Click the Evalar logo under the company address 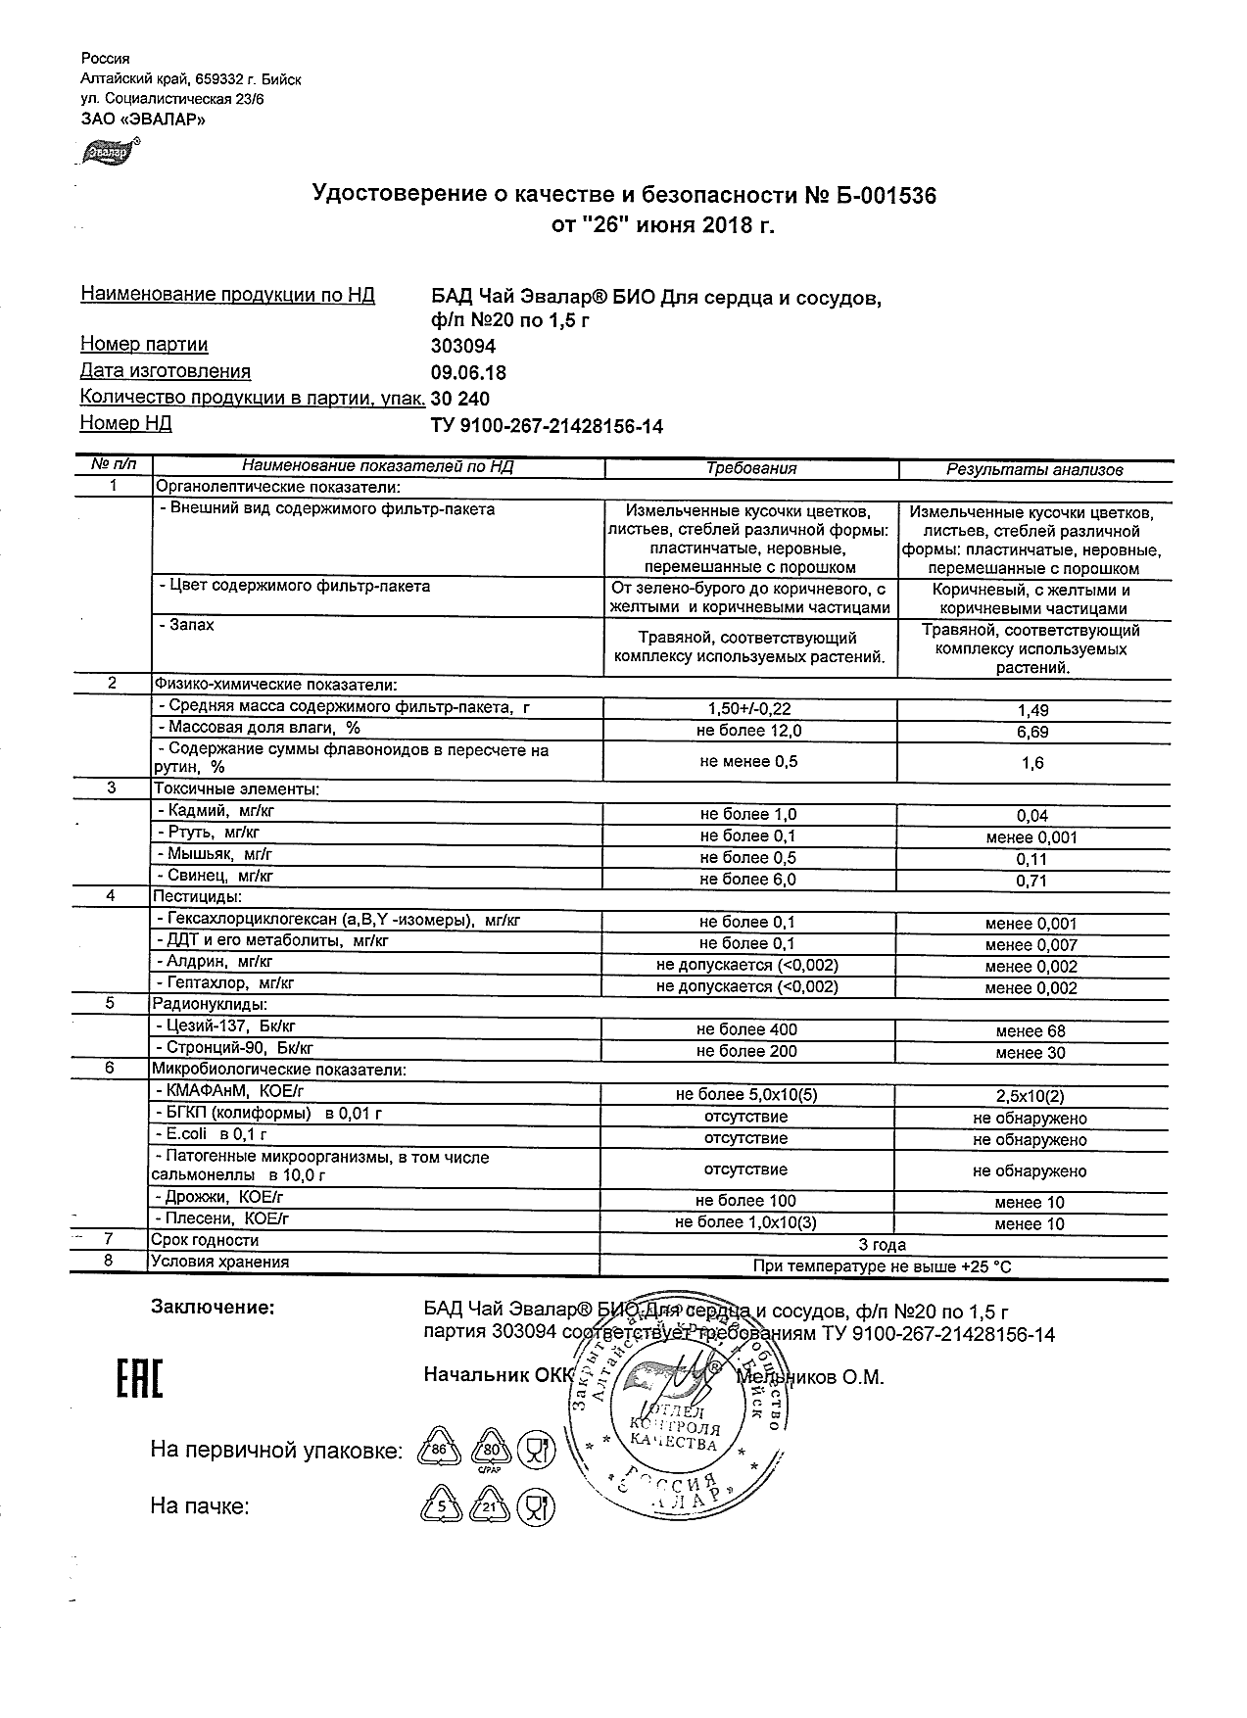click(x=109, y=152)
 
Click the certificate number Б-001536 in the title click(x=871, y=196)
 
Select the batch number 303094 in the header click(x=463, y=346)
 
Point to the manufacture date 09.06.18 click(x=468, y=373)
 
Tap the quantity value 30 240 click(x=460, y=399)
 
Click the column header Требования click(x=751, y=469)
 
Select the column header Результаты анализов click(x=1033, y=470)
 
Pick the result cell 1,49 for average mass click(x=1032, y=711)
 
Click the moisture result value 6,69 click(x=1032, y=733)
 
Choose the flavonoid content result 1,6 click(x=1032, y=763)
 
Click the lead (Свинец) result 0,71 click(x=1032, y=881)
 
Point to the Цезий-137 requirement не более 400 click(x=746, y=1029)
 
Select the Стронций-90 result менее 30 click(x=1030, y=1053)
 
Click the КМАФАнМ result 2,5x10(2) click(x=1030, y=1096)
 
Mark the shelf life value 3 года click(x=882, y=1245)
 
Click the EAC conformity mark click(x=140, y=1379)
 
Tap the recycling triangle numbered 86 click(x=439, y=1451)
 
